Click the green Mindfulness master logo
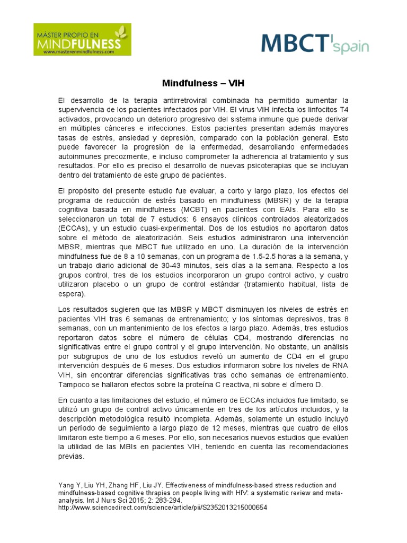click(82, 39)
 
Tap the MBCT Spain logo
click(315, 43)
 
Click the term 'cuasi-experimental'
click(172, 228)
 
